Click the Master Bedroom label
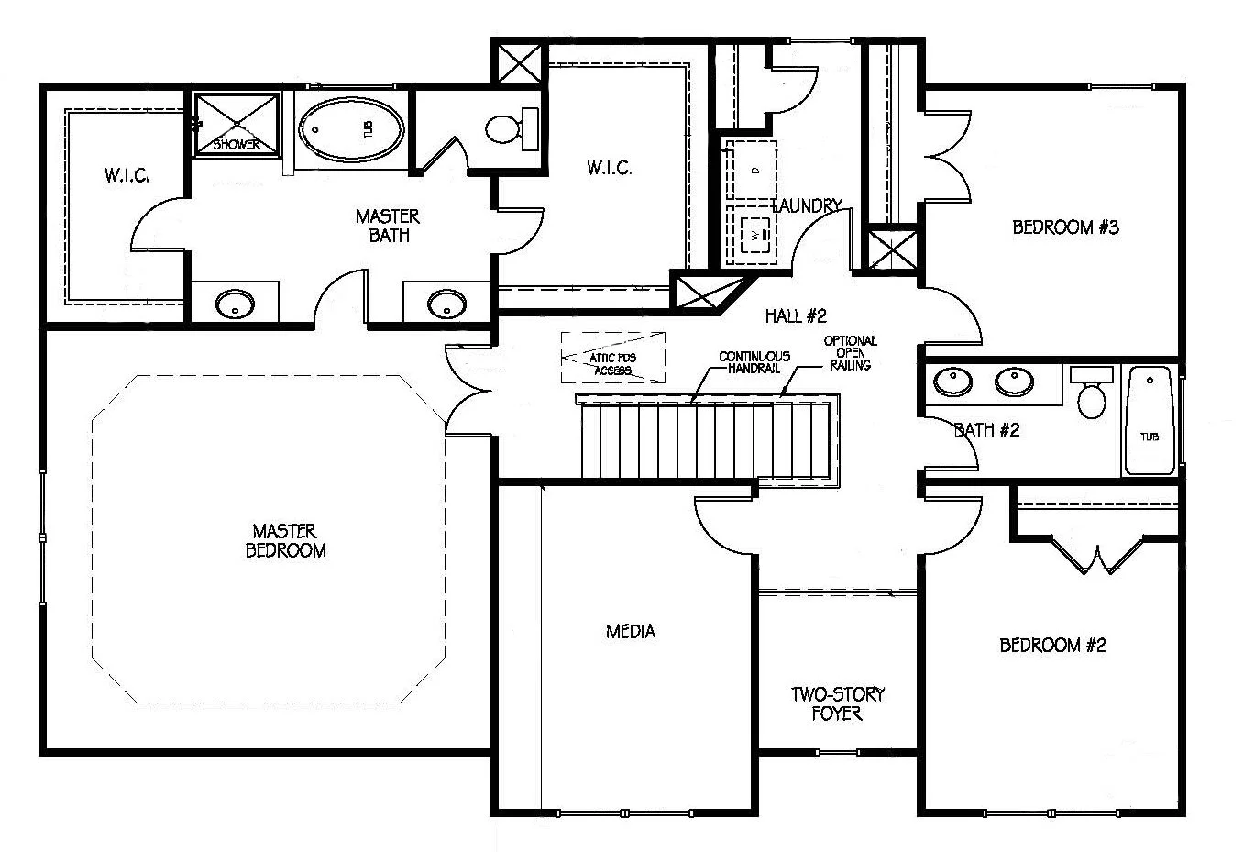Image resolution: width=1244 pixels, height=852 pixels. coord(285,540)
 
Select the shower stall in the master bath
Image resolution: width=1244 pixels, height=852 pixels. coord(237,124)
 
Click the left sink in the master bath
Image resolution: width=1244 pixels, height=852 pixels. coord(235,304)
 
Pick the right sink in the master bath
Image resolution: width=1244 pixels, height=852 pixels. coord(446,302)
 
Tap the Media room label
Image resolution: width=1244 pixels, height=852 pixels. coord(631,631)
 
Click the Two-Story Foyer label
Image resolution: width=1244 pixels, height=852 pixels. coord(837,703)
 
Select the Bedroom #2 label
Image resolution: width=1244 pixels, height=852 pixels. coord(1052,646)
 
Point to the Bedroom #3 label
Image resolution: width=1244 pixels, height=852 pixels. coord(1065,227)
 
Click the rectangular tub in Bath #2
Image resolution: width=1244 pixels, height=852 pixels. coord(1150,422)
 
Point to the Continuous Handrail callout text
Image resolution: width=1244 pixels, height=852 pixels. coord(754,362)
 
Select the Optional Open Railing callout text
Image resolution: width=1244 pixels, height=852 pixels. coord(850,353)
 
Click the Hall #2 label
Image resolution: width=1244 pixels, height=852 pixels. coord(796,316)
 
